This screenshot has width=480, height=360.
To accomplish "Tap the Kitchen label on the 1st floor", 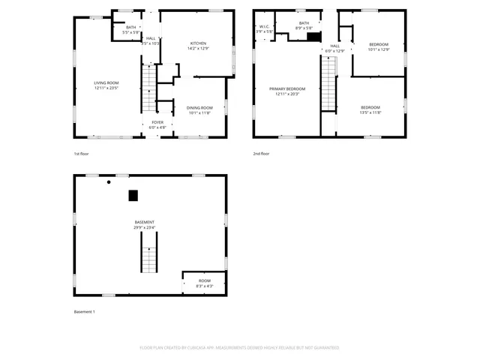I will [197, 46].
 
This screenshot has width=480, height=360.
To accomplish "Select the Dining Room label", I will [199, 110].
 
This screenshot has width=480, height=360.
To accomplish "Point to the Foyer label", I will [157, 124].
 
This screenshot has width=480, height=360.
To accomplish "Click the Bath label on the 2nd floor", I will [304, 25].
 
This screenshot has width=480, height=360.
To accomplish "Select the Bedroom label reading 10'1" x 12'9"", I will [379, 47].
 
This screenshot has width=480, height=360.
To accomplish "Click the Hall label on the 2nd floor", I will [334, 48].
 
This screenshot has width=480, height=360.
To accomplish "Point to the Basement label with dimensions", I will [145, 225].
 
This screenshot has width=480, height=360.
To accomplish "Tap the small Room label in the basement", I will [204, 283].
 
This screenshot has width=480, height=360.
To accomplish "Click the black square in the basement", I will [133, 196].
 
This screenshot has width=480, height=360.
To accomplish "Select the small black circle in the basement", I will [109, 182].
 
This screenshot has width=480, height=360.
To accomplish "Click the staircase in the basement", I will [149, 252].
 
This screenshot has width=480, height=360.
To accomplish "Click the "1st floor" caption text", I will [82, 154].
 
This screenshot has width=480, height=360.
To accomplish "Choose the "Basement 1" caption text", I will [84, 312].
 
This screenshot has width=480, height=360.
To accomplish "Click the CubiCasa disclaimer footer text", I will [239, 348].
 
